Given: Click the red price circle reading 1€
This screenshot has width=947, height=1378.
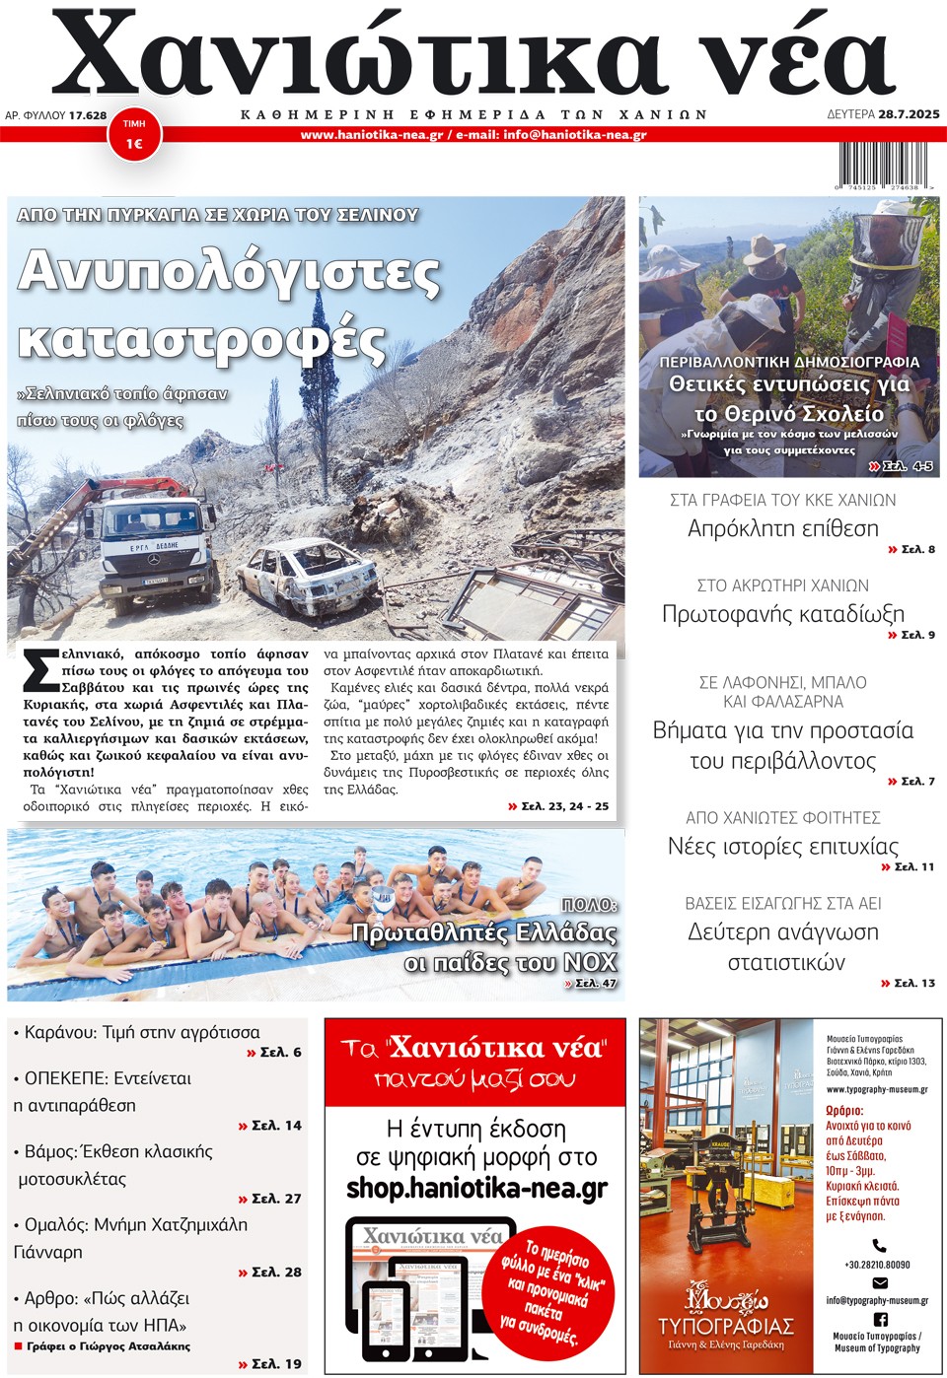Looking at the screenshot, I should (x=134, y=135).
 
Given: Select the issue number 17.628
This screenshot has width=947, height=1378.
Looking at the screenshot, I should (x=88, y=115).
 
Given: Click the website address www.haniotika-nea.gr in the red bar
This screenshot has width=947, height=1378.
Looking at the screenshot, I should (x=372, y=135).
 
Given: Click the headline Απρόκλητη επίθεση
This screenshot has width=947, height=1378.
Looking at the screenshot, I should (x=782, y=528).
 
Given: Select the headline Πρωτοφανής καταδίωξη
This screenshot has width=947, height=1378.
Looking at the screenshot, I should (x=782, y=614).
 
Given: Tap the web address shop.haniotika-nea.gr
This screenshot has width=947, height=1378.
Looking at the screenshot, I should (x=476, y=1189).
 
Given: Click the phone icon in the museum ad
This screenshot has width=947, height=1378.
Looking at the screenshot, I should (x=879, y=1246).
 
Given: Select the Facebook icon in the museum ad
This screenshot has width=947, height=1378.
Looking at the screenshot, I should (x=880, y=1318).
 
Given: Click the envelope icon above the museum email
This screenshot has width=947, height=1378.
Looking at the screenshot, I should (x=879, y=1282).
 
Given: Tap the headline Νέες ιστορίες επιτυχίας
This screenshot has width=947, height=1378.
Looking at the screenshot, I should (x=782, y=846).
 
